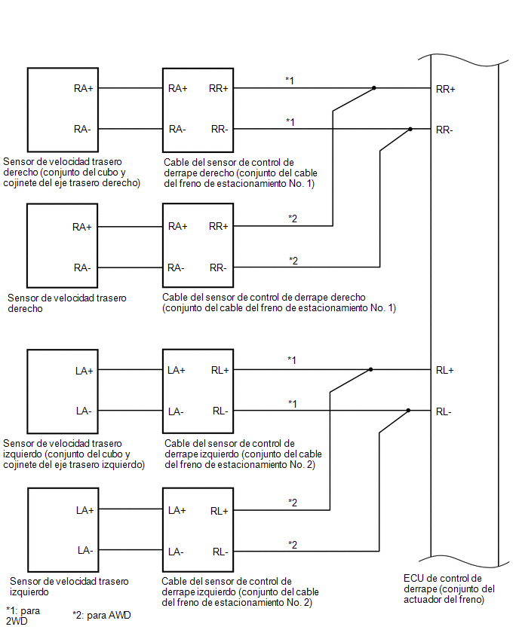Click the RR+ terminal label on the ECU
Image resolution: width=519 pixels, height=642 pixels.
(445, 89)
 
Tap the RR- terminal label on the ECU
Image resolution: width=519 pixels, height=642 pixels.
(444, 130)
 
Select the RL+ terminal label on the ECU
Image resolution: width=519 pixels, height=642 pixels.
(445, 370)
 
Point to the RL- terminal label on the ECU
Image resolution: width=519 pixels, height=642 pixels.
(444, 411)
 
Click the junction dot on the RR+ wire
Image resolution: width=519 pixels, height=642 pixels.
(374, 88)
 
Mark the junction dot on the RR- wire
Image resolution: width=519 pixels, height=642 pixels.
(410, 129)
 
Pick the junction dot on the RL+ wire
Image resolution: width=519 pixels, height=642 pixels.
(370, 369)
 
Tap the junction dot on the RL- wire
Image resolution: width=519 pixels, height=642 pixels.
(408, 410)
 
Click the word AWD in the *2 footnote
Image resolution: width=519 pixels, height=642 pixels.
(120, 615)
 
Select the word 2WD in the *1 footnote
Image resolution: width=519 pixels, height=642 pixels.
(17, 621)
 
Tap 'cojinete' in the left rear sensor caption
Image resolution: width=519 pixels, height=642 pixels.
(20, 465)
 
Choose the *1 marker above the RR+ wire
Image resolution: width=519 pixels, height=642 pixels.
(290, 80)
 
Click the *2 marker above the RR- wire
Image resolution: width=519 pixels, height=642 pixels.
(293, 261)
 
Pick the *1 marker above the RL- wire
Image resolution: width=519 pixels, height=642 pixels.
(292, 403)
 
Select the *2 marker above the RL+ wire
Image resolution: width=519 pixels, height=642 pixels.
(292, 503)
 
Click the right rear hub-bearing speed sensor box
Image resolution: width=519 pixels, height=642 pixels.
(63, 110)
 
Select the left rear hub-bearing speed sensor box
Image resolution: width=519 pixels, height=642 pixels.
(63, 391)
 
